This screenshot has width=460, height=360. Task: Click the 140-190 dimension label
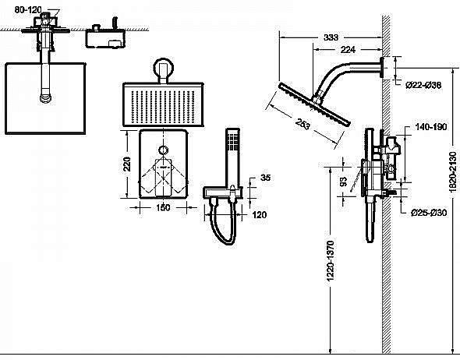430,125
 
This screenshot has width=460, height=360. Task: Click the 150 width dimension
163,208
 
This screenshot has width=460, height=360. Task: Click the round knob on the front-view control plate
163,150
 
